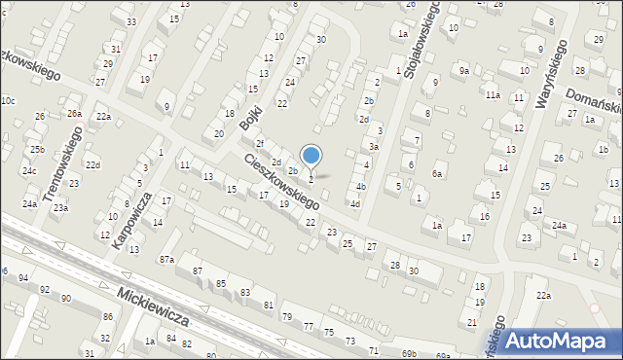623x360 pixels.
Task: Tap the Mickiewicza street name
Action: point(156,305)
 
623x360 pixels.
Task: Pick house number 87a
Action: point(166,259)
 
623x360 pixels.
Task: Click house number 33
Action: point(131,21)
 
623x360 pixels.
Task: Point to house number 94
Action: point(22,278)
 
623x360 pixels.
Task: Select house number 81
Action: point(268,306)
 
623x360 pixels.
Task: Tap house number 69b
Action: point(409,353)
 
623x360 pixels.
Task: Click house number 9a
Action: point(464,71)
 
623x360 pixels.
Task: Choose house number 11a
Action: point(493,94)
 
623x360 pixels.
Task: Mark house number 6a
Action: point(438,174)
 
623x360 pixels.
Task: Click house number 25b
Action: point(36,149)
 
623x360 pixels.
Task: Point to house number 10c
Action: point(8,101)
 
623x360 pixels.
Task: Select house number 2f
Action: point(260,144)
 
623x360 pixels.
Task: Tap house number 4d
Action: point(355,204)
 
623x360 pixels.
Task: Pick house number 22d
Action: point(92,164)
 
